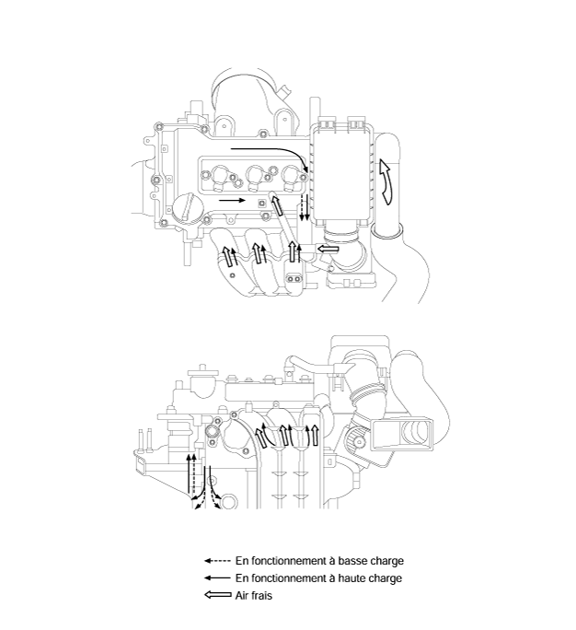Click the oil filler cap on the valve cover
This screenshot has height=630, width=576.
[188, 207]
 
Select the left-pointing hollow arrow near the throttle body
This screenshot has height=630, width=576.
[328, 249]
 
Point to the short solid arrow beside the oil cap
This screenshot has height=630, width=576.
[232, 199]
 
